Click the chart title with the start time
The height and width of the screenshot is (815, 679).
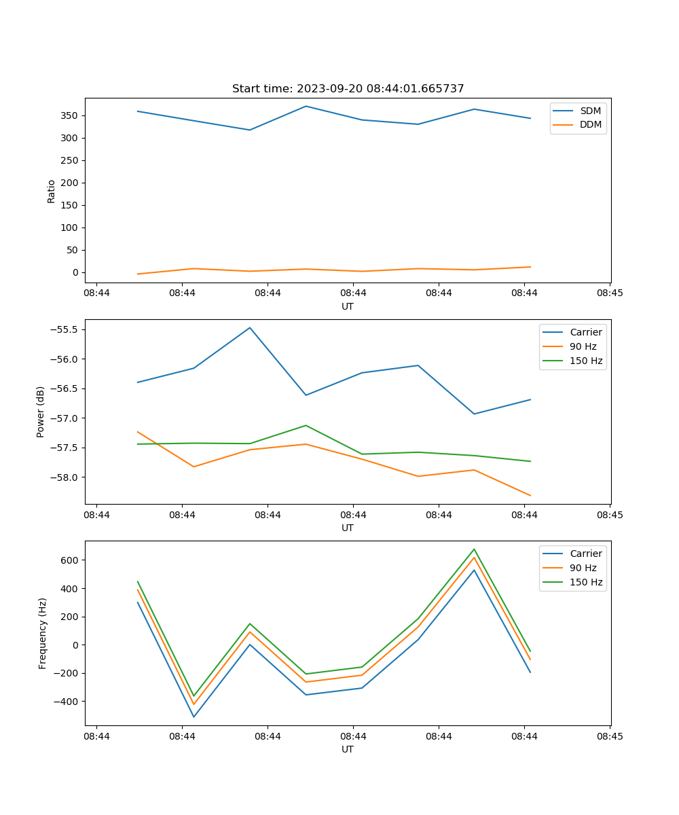[348, 89]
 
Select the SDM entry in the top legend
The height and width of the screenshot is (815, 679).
[590, 111]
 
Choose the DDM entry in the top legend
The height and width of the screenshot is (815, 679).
[590, 124]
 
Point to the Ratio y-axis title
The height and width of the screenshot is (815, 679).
[52, 191]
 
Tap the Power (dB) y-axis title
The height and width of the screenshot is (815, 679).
[41, 412]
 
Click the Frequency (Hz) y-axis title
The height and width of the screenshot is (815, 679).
[43, 633]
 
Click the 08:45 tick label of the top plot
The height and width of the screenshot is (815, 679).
[610, 293]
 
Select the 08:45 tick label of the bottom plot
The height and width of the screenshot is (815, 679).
[610, 736]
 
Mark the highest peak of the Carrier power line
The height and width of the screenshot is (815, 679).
[250, 327]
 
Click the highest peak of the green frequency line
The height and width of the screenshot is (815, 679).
[474, 549]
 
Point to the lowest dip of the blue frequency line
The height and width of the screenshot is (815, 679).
[194, 717]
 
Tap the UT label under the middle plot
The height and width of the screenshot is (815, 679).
[348, 528]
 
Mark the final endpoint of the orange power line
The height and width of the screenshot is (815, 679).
[530, 495]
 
